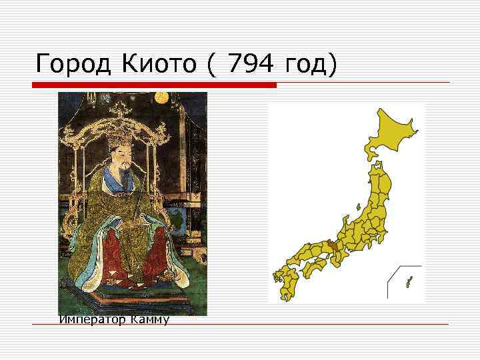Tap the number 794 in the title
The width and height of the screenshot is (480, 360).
252,65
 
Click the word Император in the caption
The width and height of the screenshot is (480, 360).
89,321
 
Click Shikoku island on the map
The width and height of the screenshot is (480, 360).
313,267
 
